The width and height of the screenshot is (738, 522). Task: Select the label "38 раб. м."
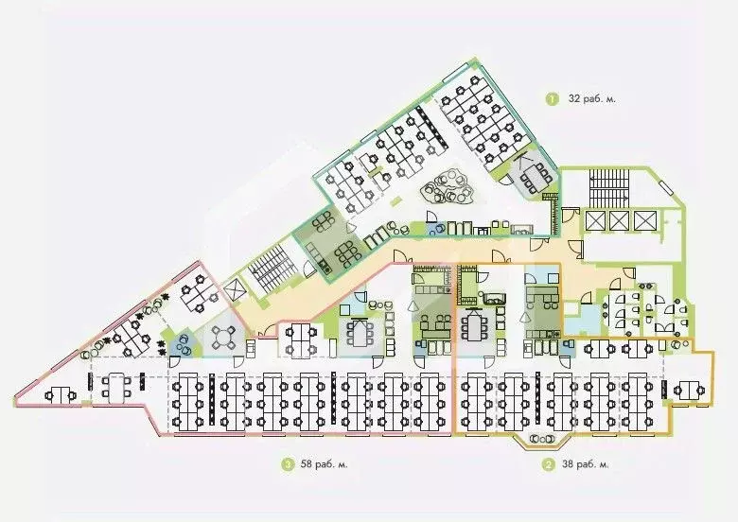585,464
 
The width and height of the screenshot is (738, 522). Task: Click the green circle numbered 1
552,98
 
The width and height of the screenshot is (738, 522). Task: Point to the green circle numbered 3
287,464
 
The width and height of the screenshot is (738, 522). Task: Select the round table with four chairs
226,338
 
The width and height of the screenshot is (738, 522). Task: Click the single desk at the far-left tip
61,394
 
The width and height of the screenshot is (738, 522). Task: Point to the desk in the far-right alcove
687,388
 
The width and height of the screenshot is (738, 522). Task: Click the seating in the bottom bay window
541,441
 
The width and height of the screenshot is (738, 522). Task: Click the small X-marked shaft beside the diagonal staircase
236,288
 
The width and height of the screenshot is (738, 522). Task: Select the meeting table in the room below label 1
536,175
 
